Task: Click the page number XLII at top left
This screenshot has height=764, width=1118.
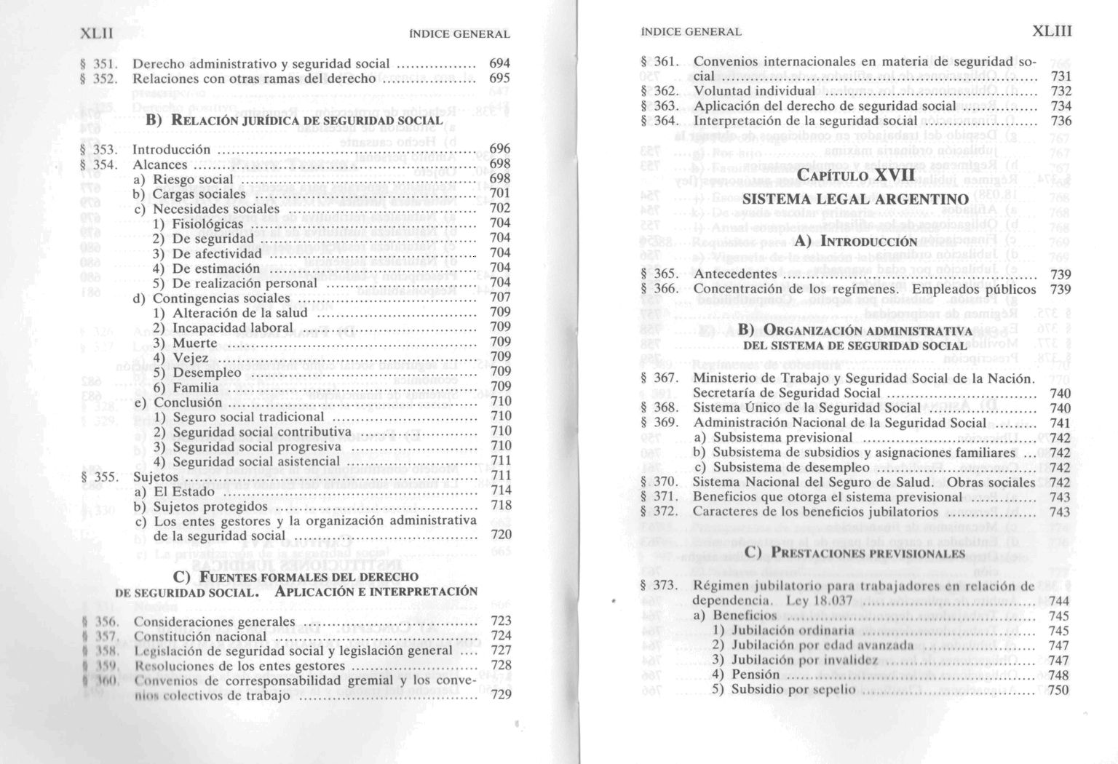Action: [x=96, y=33]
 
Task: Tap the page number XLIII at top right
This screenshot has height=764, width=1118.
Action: [x=1052, y=31]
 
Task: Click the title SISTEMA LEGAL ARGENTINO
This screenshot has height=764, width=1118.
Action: [x=855, y=199]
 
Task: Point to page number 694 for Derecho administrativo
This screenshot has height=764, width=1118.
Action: [x=500, y=64]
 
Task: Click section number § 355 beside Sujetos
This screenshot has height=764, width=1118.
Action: [x=100, y=477]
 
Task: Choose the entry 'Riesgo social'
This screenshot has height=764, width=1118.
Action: [x=193, y=180]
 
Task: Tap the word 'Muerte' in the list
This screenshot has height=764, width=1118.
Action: [x=195, y=343]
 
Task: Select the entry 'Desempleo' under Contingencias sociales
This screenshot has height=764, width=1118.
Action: [x=207, y=373]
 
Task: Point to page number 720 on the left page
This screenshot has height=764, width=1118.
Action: [x=501, y=535]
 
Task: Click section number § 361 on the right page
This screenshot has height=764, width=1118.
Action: [x=659, y=62]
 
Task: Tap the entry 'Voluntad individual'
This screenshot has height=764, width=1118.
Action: [x=754, y=91]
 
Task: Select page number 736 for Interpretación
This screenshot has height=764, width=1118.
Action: [x=1061, y=121]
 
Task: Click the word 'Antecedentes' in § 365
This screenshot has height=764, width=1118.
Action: [x=735, y=274]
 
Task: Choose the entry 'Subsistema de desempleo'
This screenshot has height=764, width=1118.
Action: [x=791, y=467]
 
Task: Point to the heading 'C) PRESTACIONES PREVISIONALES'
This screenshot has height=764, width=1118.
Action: [x=855, y=553]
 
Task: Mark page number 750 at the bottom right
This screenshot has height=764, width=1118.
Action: [x=1058, y=690]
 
